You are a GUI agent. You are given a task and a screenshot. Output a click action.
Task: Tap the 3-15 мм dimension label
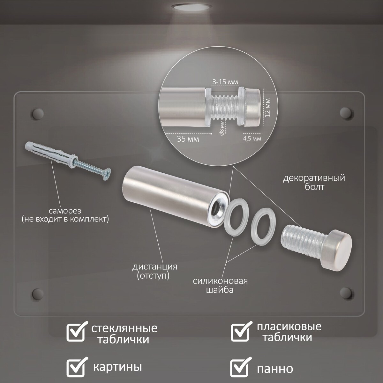click(x=225, y=82)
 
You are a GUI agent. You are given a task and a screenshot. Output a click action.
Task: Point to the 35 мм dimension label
click(x=188, y=139)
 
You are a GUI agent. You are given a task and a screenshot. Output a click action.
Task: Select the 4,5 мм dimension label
click(x=252, y=139)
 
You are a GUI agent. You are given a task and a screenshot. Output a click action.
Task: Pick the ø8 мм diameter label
click(x=222, y=128)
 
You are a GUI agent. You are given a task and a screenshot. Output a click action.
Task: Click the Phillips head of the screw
click(x=107, y=174)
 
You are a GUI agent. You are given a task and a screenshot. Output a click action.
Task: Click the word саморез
click(x=65, y=211)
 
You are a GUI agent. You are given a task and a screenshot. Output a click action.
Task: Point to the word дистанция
click(x=155, y=267)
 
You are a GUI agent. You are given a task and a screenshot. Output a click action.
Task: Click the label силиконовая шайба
click(x=220, y=285)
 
